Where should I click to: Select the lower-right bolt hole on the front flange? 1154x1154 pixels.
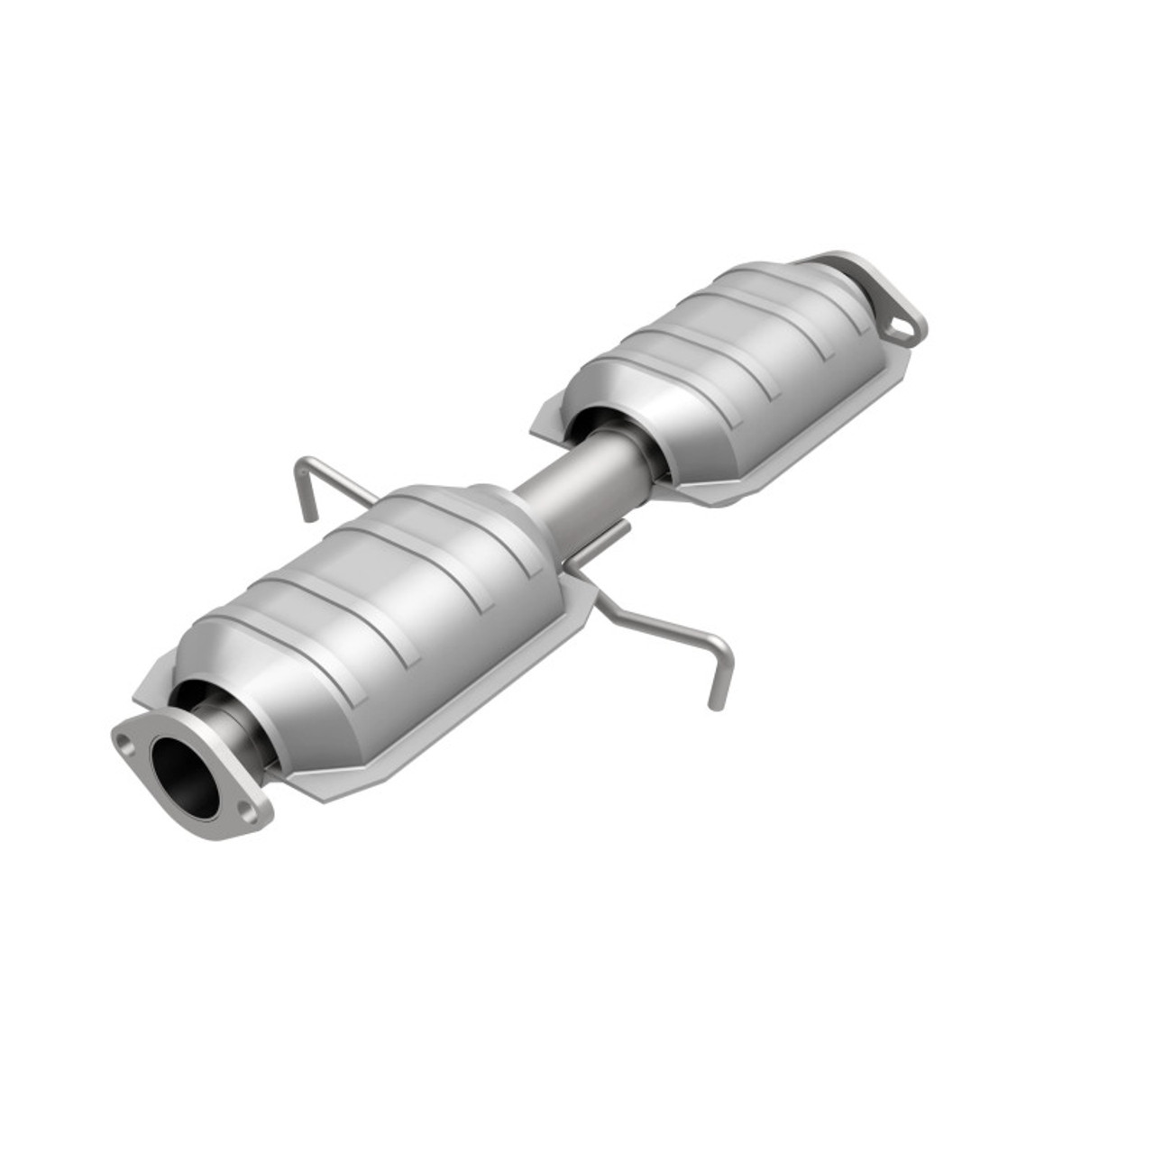(x=247, y=813)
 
